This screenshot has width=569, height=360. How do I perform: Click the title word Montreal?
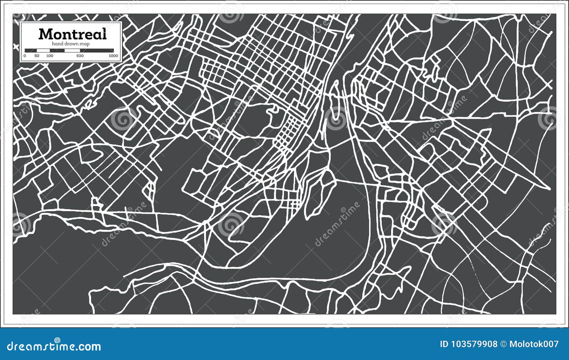72,34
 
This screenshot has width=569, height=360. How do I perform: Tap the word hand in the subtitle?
58,44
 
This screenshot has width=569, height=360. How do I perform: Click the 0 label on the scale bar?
25,56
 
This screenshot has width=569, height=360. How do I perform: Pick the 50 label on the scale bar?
37,56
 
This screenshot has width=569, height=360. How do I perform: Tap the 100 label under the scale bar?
50,56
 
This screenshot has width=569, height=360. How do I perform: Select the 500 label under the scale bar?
80,56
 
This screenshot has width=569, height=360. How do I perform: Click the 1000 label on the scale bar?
113,56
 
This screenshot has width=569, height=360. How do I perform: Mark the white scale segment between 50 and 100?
43,50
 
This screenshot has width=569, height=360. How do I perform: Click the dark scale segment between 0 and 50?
31,50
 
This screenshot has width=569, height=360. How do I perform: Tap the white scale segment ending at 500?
72,50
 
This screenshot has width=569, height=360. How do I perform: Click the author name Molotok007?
534,344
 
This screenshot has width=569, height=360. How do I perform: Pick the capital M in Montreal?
45,34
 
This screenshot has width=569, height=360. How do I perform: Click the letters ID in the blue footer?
444,344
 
